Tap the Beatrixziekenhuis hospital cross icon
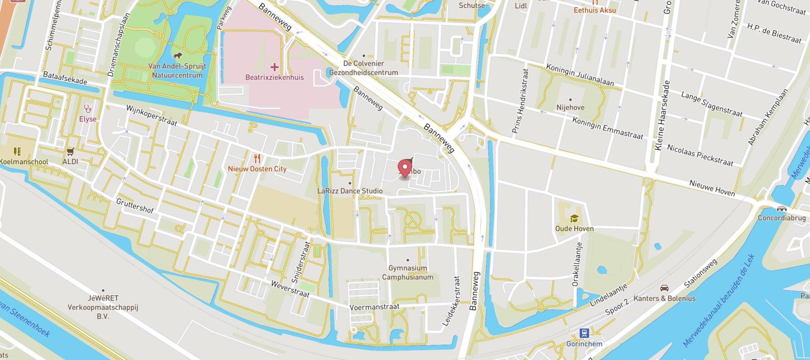tap(274, 67)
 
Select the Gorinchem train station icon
tap(584, 333)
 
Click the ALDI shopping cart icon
tap(70, 152)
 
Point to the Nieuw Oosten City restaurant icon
tap(257, 158)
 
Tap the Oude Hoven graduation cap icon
tap(574, 219)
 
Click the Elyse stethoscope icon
tap(88, 108)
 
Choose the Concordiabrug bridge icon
tap(782, 209)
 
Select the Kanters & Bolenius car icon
tap(664, 288)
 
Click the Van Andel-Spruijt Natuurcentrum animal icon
tap(178, 56)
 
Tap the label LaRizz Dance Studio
tap(350, 191)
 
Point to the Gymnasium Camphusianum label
tap(408, 272)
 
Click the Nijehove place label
tap(570, 108)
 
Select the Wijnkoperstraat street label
tap(151, 116)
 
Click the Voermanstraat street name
tap(374, 307)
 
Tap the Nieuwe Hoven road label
tap(712, 188)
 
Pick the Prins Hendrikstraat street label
tap(520, 101)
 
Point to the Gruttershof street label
tap(135, 205)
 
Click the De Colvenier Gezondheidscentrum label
tap(364, 68)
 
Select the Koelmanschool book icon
tap(17, 151)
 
